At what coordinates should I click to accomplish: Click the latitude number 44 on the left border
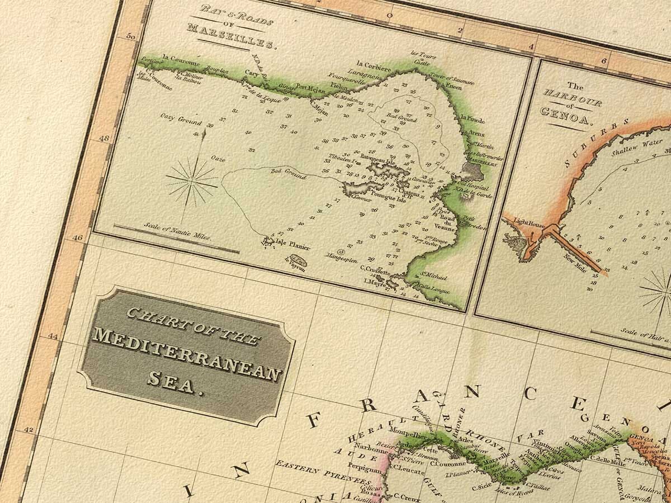(x=54, y=336)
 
